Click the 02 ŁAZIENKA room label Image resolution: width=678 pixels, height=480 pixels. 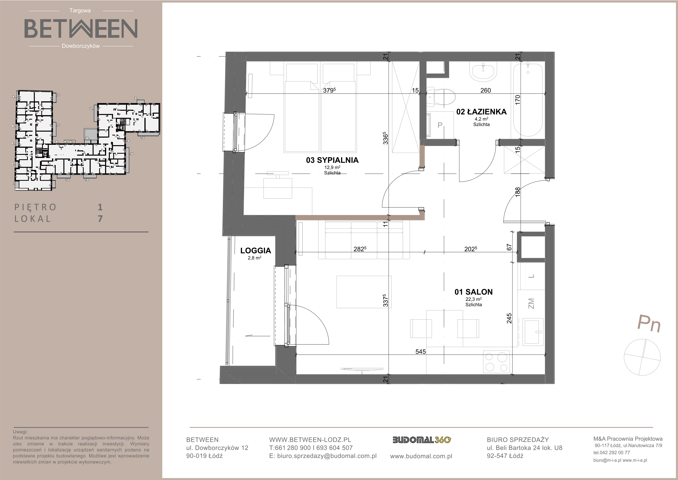[x=481, y=112]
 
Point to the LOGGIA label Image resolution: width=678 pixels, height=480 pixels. [x=255, y=251]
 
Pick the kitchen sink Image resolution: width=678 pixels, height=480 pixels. [x=533, y=331]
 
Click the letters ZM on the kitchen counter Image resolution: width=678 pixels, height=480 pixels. [x=531, y=303]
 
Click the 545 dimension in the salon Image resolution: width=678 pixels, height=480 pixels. [x=420, y=351]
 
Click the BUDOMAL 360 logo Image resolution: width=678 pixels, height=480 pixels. [x=421, y=440]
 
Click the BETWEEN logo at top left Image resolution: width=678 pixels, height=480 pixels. [x=81, y=28]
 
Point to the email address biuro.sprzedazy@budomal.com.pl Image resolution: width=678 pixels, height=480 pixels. [x=327, y=456]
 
